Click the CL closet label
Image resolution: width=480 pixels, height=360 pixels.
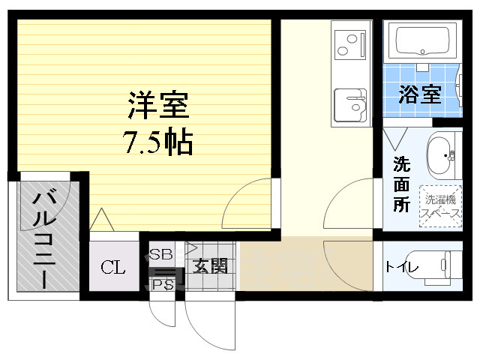point(113,267)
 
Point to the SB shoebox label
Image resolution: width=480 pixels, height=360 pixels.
point(160,254)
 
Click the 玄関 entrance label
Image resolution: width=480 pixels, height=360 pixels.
point(209,266)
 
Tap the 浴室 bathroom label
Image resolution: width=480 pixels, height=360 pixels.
point(419,95)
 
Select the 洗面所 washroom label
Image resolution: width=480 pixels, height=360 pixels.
point(401,184)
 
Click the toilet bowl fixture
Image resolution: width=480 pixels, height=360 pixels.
point(447,265)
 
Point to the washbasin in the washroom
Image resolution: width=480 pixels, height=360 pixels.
point(442,155)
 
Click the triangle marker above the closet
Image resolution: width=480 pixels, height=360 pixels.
point(100,220)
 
